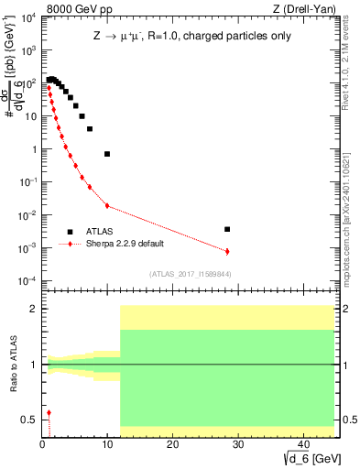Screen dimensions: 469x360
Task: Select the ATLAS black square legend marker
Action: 70,232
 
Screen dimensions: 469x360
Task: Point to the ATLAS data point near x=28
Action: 227,229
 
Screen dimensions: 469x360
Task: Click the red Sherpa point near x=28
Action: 227,251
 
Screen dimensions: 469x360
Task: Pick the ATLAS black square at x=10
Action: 107,154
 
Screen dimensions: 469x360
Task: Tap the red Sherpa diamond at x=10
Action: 107,205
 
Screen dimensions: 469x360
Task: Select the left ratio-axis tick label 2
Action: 33,309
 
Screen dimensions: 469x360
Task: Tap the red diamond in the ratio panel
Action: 49,413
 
